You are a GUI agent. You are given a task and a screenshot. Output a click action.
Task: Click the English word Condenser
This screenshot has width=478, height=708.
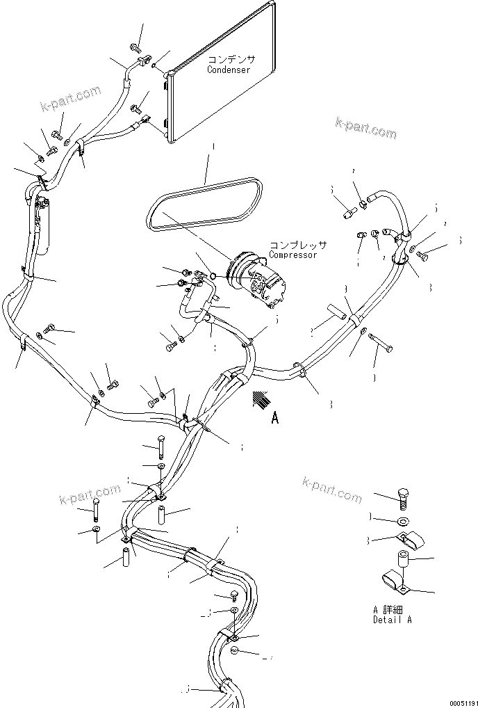click(229, 70)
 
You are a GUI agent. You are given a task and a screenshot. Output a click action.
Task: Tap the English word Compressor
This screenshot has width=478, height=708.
click(292, 255)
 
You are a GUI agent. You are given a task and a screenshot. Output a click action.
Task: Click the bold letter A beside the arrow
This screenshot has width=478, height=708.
click(276, 418)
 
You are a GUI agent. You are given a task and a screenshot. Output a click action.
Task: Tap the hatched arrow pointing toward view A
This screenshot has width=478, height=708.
click(260, 400)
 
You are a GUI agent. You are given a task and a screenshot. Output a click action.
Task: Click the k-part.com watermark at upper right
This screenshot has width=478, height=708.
click(365, 128)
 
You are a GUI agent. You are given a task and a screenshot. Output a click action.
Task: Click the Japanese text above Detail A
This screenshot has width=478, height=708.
click(388, 609)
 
